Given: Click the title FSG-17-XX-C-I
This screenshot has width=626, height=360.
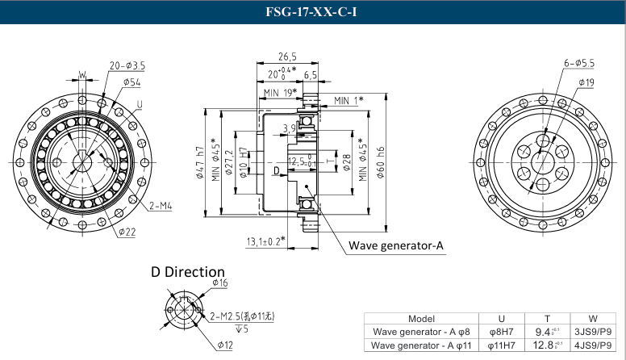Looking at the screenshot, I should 313,12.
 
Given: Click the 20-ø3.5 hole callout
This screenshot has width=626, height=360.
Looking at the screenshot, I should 127,65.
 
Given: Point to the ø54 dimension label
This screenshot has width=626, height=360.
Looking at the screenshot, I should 131,82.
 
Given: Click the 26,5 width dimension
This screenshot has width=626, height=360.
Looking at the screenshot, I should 287,57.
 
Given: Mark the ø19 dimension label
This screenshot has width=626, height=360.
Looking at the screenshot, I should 586,82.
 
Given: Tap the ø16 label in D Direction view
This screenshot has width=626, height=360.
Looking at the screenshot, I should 220,283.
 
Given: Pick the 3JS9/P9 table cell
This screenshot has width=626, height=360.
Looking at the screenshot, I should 592,332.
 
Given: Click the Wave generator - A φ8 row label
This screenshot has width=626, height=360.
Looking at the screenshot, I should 421,332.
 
